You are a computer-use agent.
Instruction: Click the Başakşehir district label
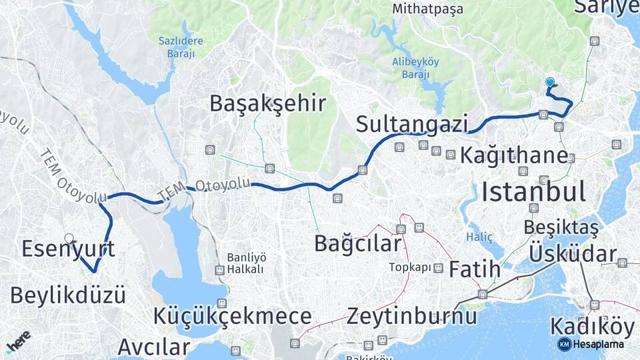[267, 103]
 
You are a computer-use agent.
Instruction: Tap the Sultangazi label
[411, 124]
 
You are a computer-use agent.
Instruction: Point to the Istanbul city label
[534, 192]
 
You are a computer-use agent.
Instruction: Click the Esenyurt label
[68, 249]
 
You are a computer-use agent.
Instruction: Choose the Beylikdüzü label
[68, 294]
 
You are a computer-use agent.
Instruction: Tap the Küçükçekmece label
[232, 316]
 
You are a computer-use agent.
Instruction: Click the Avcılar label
[154, 347]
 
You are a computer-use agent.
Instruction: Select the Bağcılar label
[358, 244]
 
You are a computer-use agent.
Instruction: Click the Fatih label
[474, 270]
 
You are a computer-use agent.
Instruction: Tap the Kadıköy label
[592, 327]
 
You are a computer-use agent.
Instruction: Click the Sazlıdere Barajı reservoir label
[180, 47]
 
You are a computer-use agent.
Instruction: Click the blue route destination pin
[550, 83]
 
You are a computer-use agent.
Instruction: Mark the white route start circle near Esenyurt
[69, 238]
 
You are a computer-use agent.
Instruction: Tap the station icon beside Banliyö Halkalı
[219, 270]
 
